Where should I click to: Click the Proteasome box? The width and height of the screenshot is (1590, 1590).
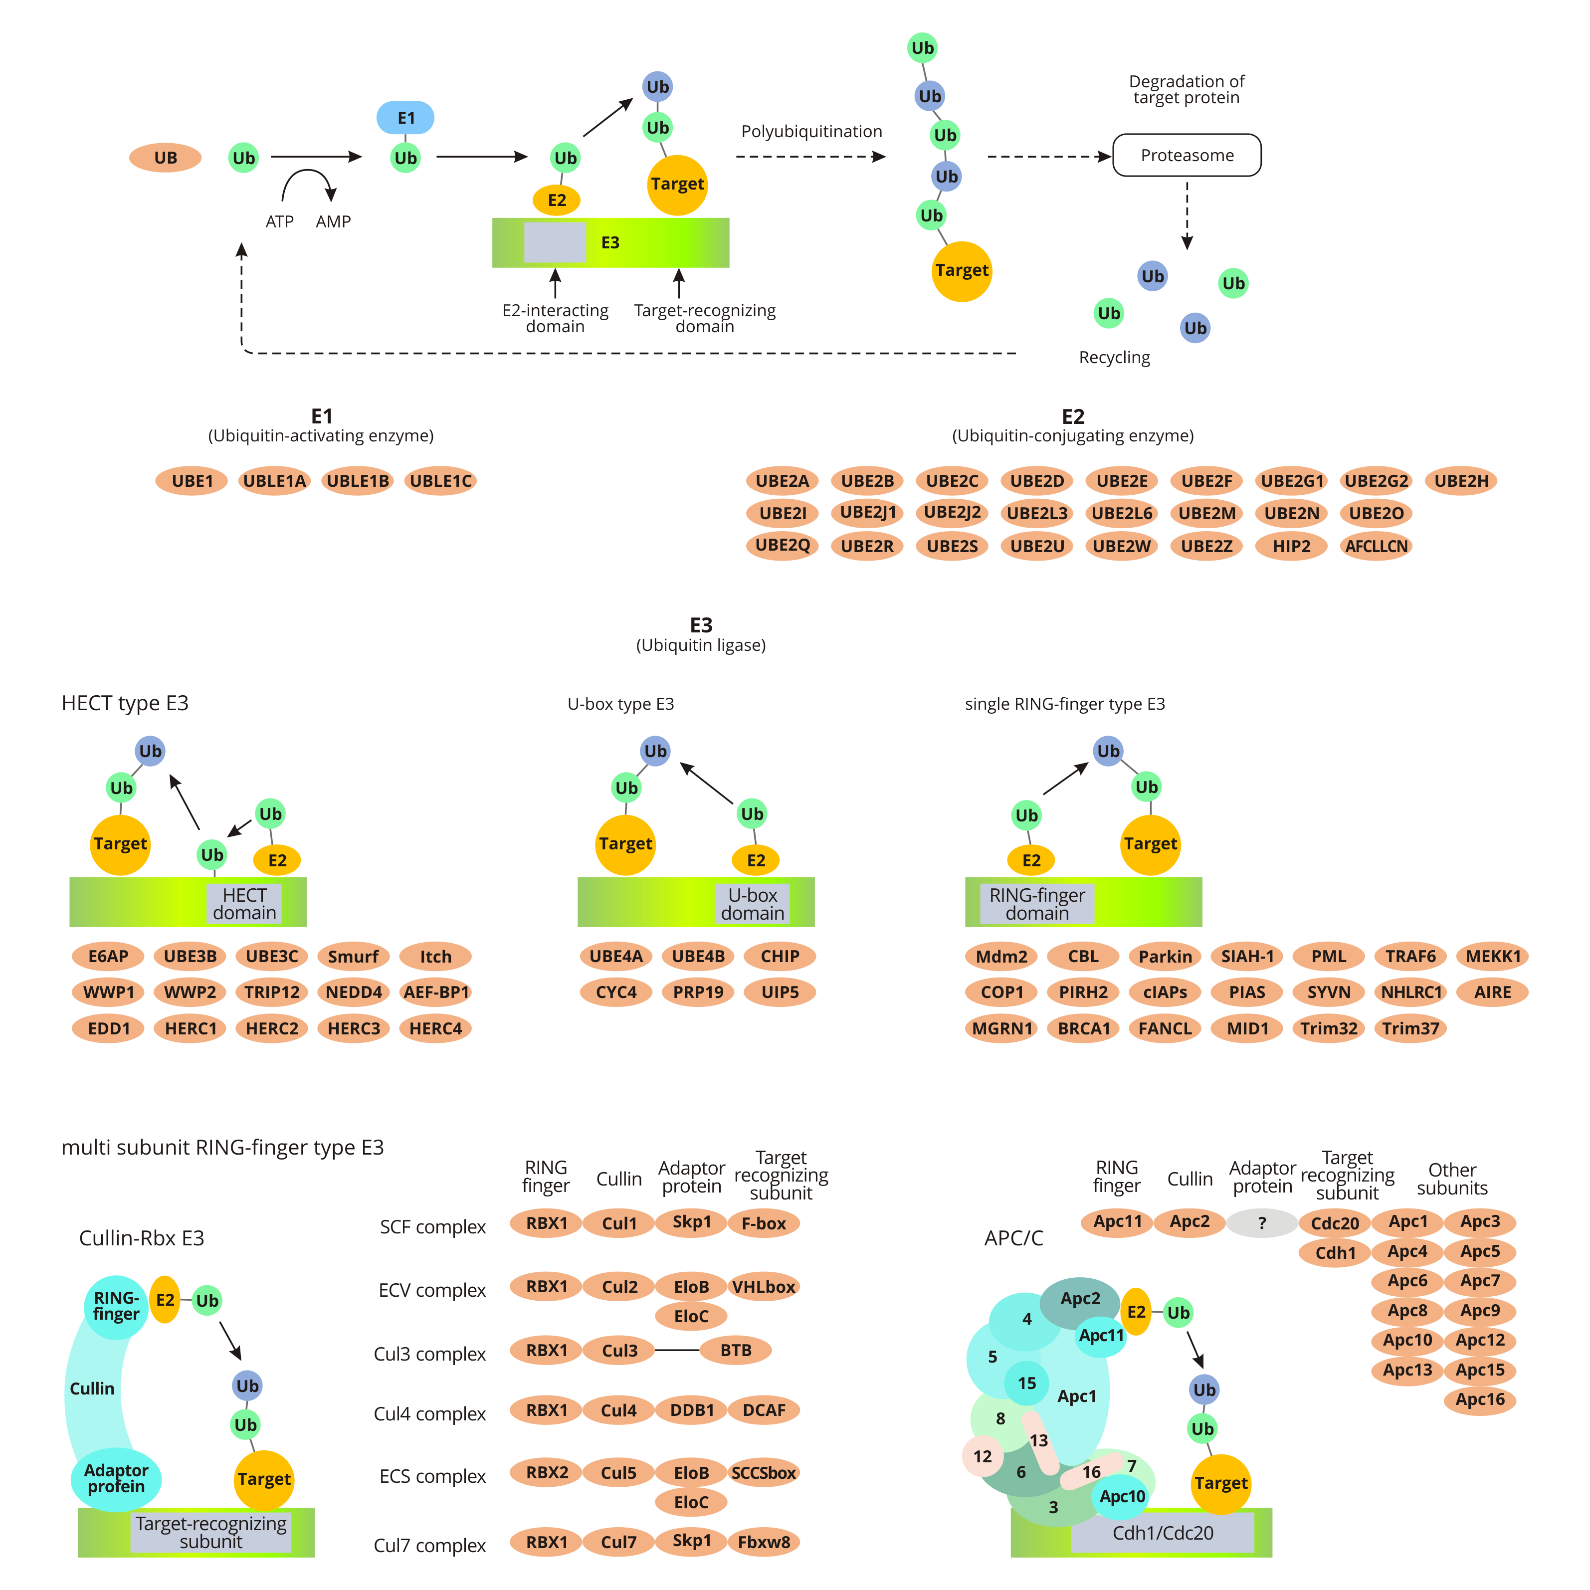[x=1186, y=156]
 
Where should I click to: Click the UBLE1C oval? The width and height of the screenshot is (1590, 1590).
[x=440, y=481]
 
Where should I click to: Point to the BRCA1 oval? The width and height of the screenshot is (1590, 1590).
[x=1083, y=1028]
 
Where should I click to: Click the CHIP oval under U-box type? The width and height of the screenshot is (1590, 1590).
[x=780, y=956]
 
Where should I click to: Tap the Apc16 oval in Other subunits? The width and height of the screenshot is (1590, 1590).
[x=1480, y=1399]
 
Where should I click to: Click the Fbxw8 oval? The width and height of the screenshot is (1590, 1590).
[x=764, y=1542]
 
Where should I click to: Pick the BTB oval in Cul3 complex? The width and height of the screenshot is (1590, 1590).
[x=736, y=1351]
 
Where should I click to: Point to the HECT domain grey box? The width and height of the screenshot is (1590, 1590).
[x=244, y=904]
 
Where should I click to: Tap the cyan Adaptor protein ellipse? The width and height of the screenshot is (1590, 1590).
[x=116, y=1479]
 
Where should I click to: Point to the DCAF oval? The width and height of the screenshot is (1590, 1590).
[x=764, y=1410]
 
